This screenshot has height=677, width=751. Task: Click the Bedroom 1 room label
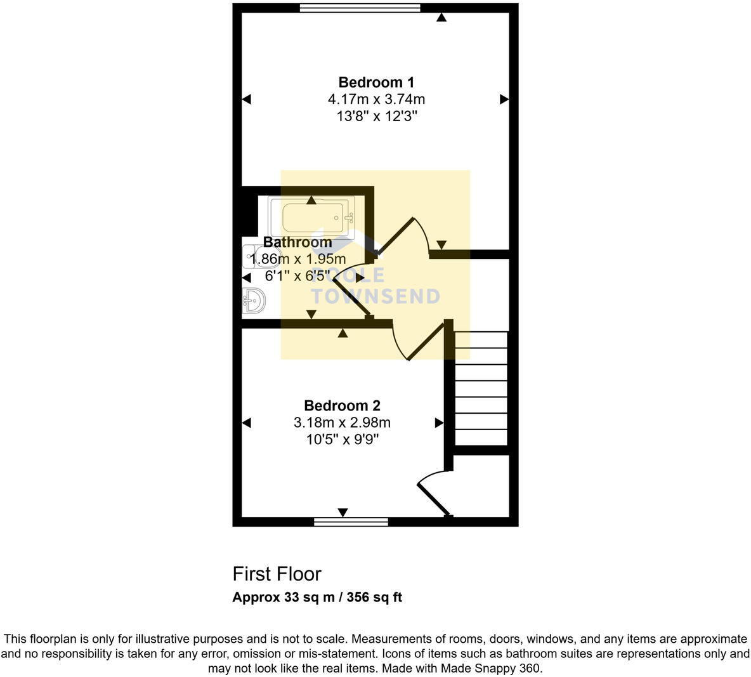click(x=375, y=82)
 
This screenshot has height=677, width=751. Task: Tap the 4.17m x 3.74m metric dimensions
click(x=375, y=100)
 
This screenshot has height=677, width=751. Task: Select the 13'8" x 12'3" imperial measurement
click(x=375, y=117)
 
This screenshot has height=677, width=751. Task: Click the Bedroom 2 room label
click(x=342, y=405)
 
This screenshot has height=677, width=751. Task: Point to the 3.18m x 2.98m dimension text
click(x=342, y=423)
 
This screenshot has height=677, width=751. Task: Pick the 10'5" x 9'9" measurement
click(x=342, y=440)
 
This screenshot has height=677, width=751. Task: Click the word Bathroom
click(x=297, y=242)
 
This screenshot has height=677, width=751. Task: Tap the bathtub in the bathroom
click(x=311, y=218)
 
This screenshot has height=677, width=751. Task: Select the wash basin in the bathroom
click(x=253, y=301)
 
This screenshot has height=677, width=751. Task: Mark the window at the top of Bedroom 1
click(x=360, y=8)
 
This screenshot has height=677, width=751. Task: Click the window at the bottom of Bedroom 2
click(x=351, y=522)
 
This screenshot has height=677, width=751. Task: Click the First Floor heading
click(x=277, y=574)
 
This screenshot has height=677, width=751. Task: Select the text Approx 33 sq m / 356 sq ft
click(x=317, y=597)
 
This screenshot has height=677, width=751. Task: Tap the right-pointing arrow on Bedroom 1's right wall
click(x=504, y=99)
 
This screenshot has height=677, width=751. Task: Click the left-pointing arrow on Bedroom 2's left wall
click(x=247, y=423)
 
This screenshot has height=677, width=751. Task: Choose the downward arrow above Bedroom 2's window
click(x=343, y=512)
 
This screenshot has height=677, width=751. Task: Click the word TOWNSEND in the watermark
click(x=375, y=296)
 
